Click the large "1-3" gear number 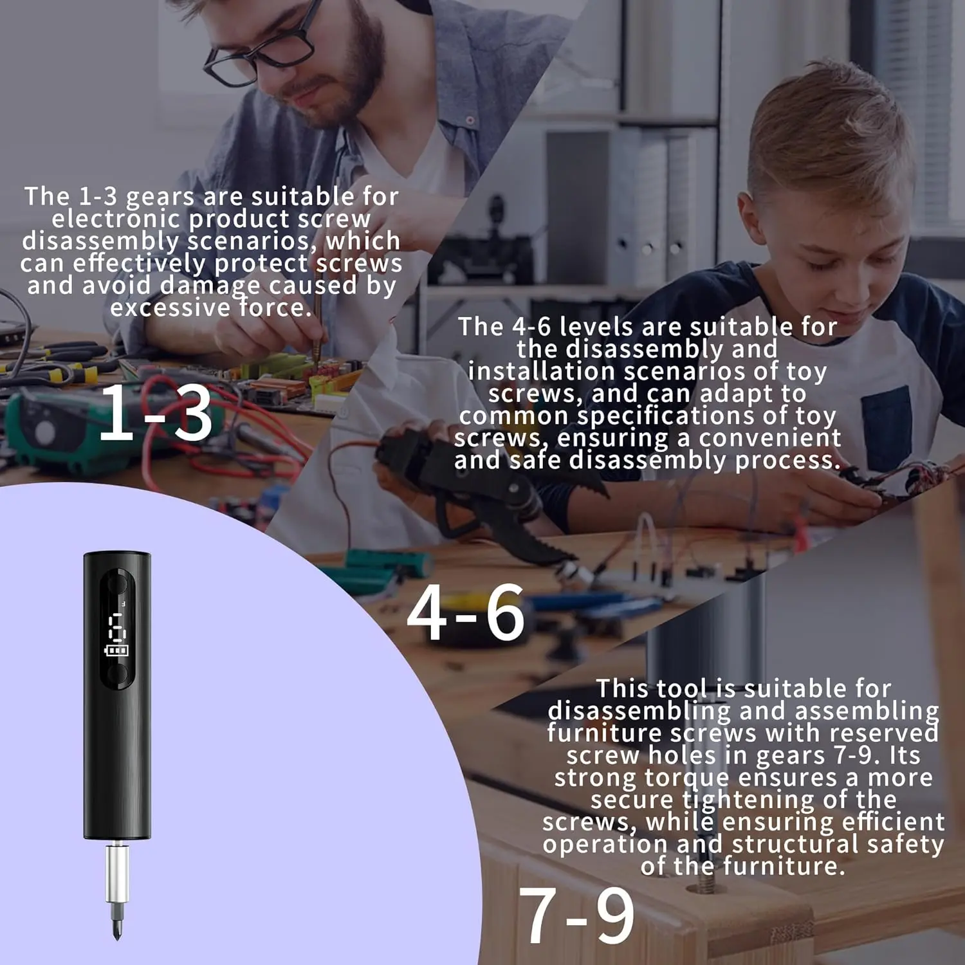155,412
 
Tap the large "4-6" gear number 466,613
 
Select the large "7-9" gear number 576,915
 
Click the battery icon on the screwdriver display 117,650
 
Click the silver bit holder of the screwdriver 117,874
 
